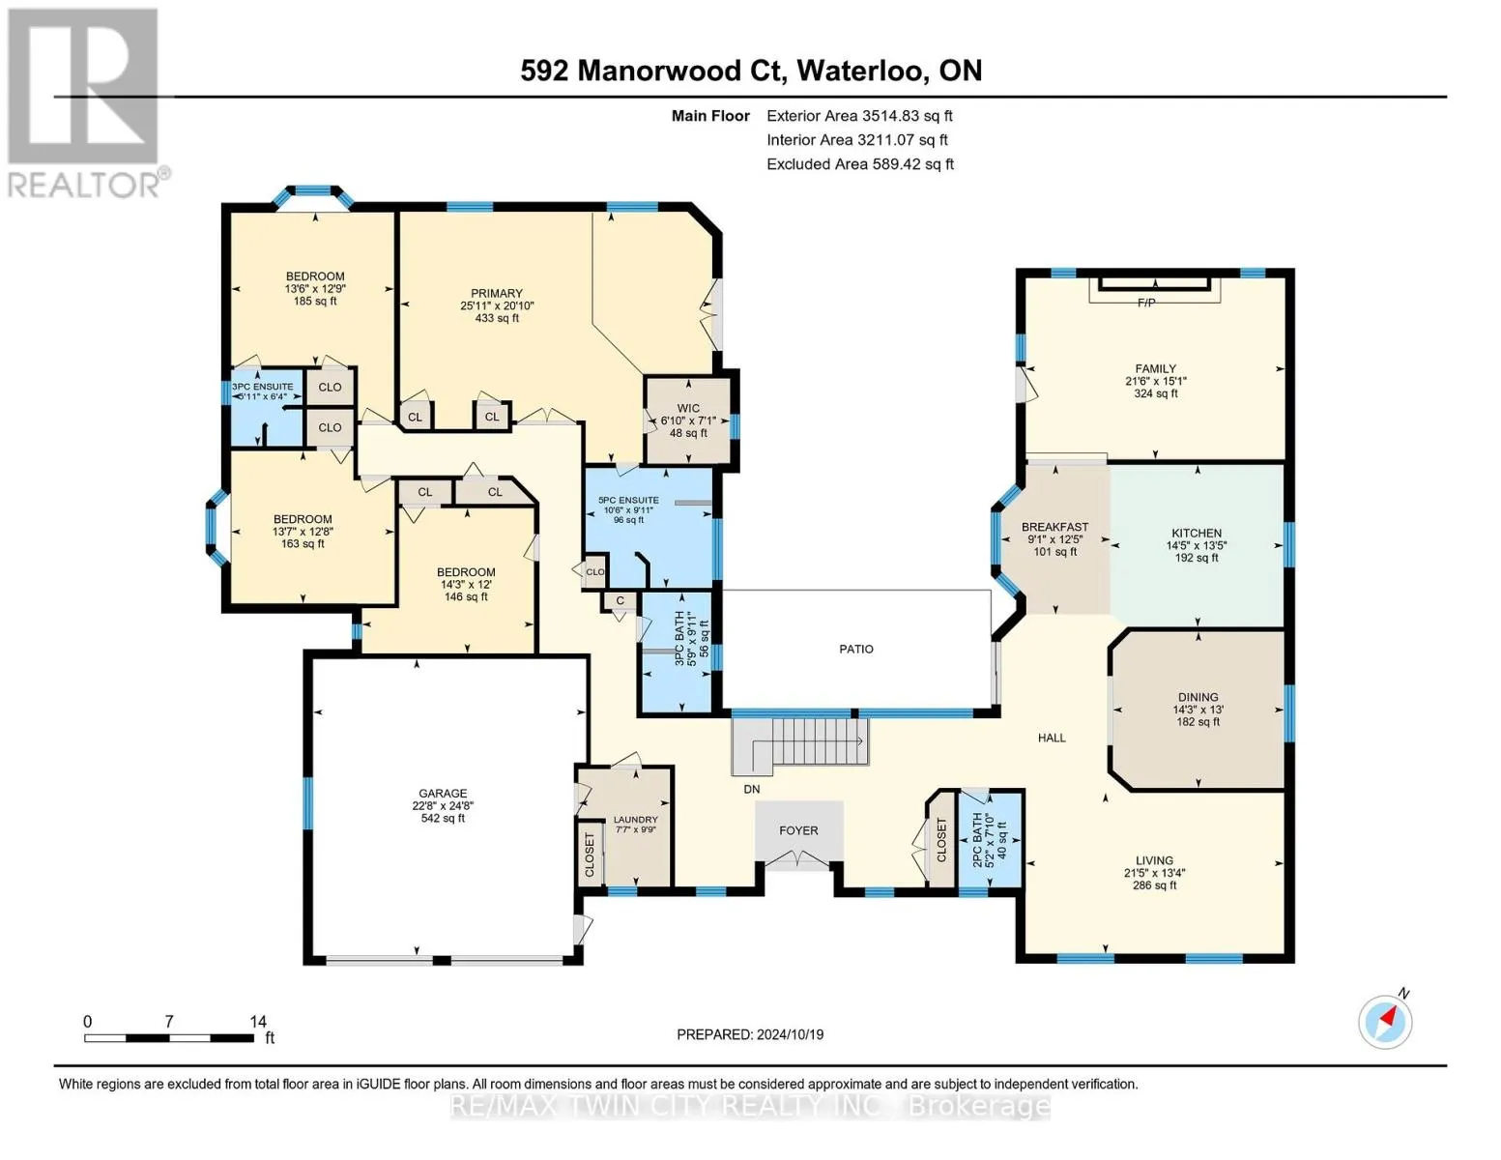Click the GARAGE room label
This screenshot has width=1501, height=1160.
click(443, 793)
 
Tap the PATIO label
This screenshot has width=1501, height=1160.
click(855, 649)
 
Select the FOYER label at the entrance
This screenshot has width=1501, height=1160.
click(798, 830)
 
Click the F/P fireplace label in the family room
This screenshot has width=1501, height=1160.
click(1146, 303)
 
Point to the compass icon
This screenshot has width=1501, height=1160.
click(1385, 1022)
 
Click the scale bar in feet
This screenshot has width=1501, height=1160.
click(169, 1037)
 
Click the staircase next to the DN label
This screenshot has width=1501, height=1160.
click(800, 746)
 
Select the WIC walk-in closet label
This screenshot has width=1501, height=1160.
click(688, 408)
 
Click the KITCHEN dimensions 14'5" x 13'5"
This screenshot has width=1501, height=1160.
click(1197, 545)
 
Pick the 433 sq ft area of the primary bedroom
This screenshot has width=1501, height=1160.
click(497, 318)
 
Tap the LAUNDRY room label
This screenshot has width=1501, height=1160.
click(636, 820)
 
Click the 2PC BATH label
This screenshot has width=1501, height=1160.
click(977, 840)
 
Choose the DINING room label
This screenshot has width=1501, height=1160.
click(1198, 697)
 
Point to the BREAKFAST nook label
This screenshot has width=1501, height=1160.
click(1054, 527)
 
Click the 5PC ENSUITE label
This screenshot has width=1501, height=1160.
click(628, 500)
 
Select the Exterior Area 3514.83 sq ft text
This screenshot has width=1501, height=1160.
click(859, 116)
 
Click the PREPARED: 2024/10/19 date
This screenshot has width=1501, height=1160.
click(750, 1034)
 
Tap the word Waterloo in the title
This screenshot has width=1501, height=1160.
click(860, 71)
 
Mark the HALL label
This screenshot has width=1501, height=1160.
click(1052, 738)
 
